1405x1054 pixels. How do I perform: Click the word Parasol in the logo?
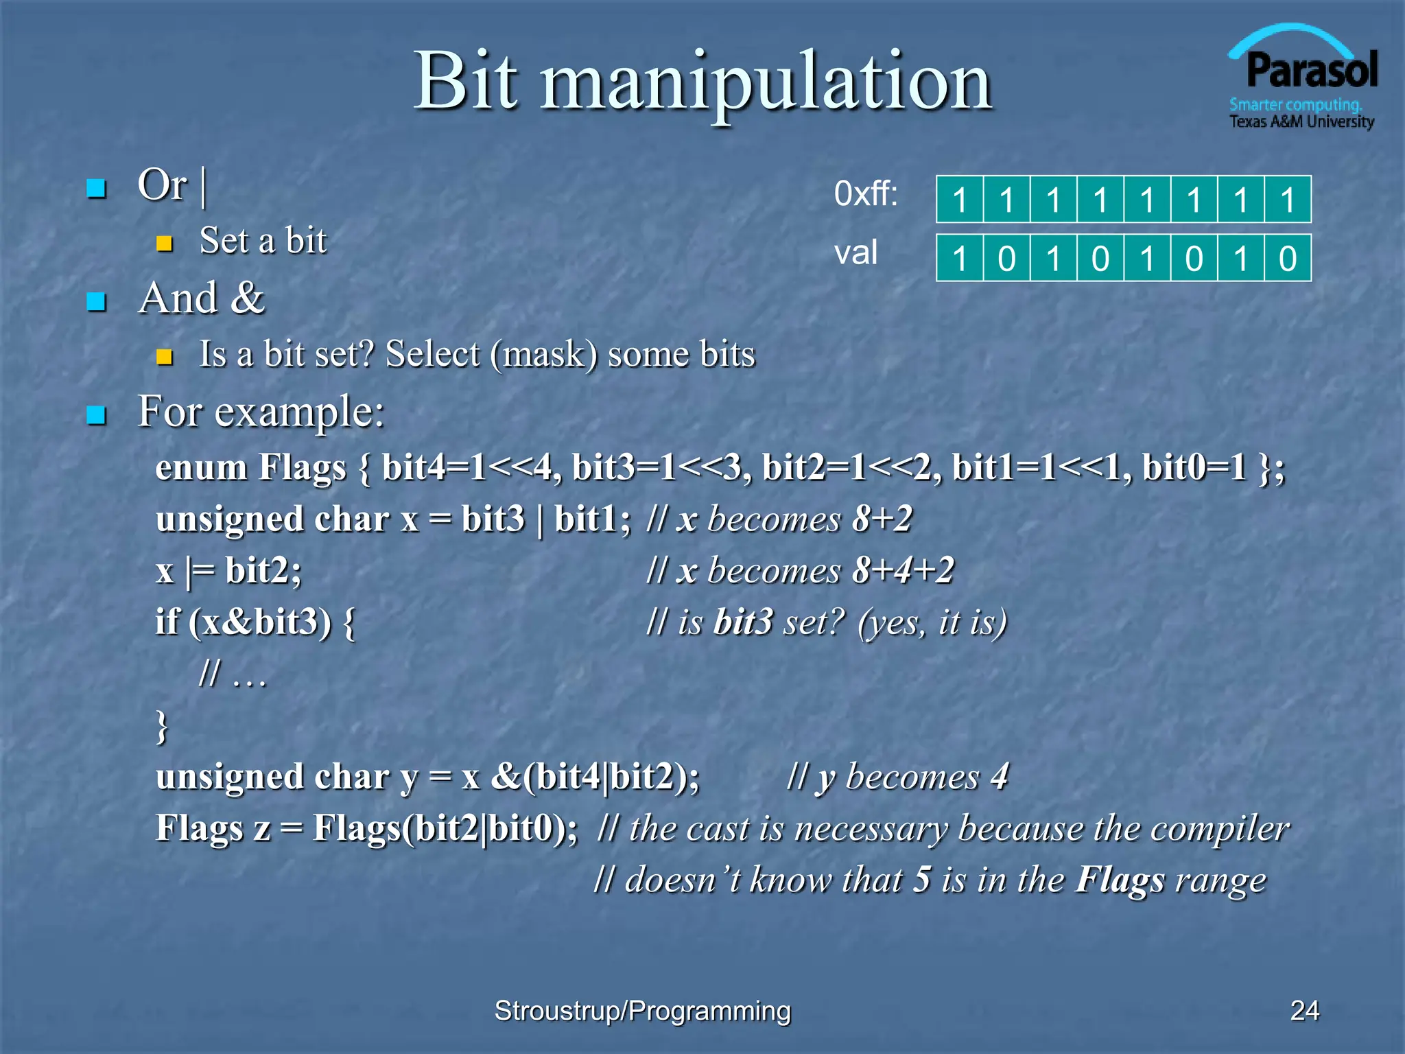click(1311, 71)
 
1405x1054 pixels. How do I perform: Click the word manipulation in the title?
click(766, 82)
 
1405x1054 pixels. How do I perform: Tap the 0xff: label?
click(865, 194)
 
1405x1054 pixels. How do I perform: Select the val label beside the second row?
click(855, 253)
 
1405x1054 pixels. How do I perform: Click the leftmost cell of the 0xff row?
click(960, 200)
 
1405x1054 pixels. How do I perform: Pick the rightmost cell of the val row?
click(1288, 259)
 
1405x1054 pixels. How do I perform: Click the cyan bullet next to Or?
click(96, 189)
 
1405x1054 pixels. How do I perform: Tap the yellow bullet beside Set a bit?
click(164, 244)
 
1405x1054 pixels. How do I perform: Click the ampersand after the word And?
click(248, 298)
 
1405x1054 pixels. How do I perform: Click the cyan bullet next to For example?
click(96, 415)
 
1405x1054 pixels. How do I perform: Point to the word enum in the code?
click(201, 468)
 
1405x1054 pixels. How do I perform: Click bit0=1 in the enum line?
click(1194, 468)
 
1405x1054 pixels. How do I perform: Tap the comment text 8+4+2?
click(904, 571)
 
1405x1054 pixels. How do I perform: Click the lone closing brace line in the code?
click(162, 726)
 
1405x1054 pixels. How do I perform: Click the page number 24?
click(1304, 1011)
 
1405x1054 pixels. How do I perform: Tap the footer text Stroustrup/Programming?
click(642, 1011)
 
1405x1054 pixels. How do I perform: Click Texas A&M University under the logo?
click(1301, 122)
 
